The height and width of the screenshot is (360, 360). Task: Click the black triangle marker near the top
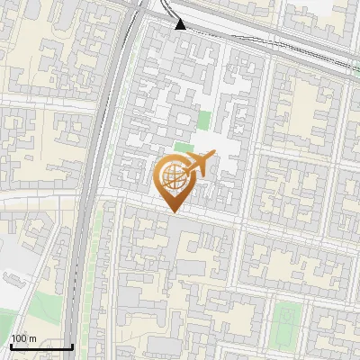181,23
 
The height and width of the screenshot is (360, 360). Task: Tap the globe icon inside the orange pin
172,173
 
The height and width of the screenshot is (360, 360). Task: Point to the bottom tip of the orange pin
174,212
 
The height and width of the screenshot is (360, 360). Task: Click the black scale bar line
40,346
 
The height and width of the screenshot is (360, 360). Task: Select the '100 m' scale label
23,338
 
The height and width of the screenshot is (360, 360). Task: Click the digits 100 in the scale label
19,338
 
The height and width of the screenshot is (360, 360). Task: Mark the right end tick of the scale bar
72,345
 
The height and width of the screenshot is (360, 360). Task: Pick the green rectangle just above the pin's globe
184,147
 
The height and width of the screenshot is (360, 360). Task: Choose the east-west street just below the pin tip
216,219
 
